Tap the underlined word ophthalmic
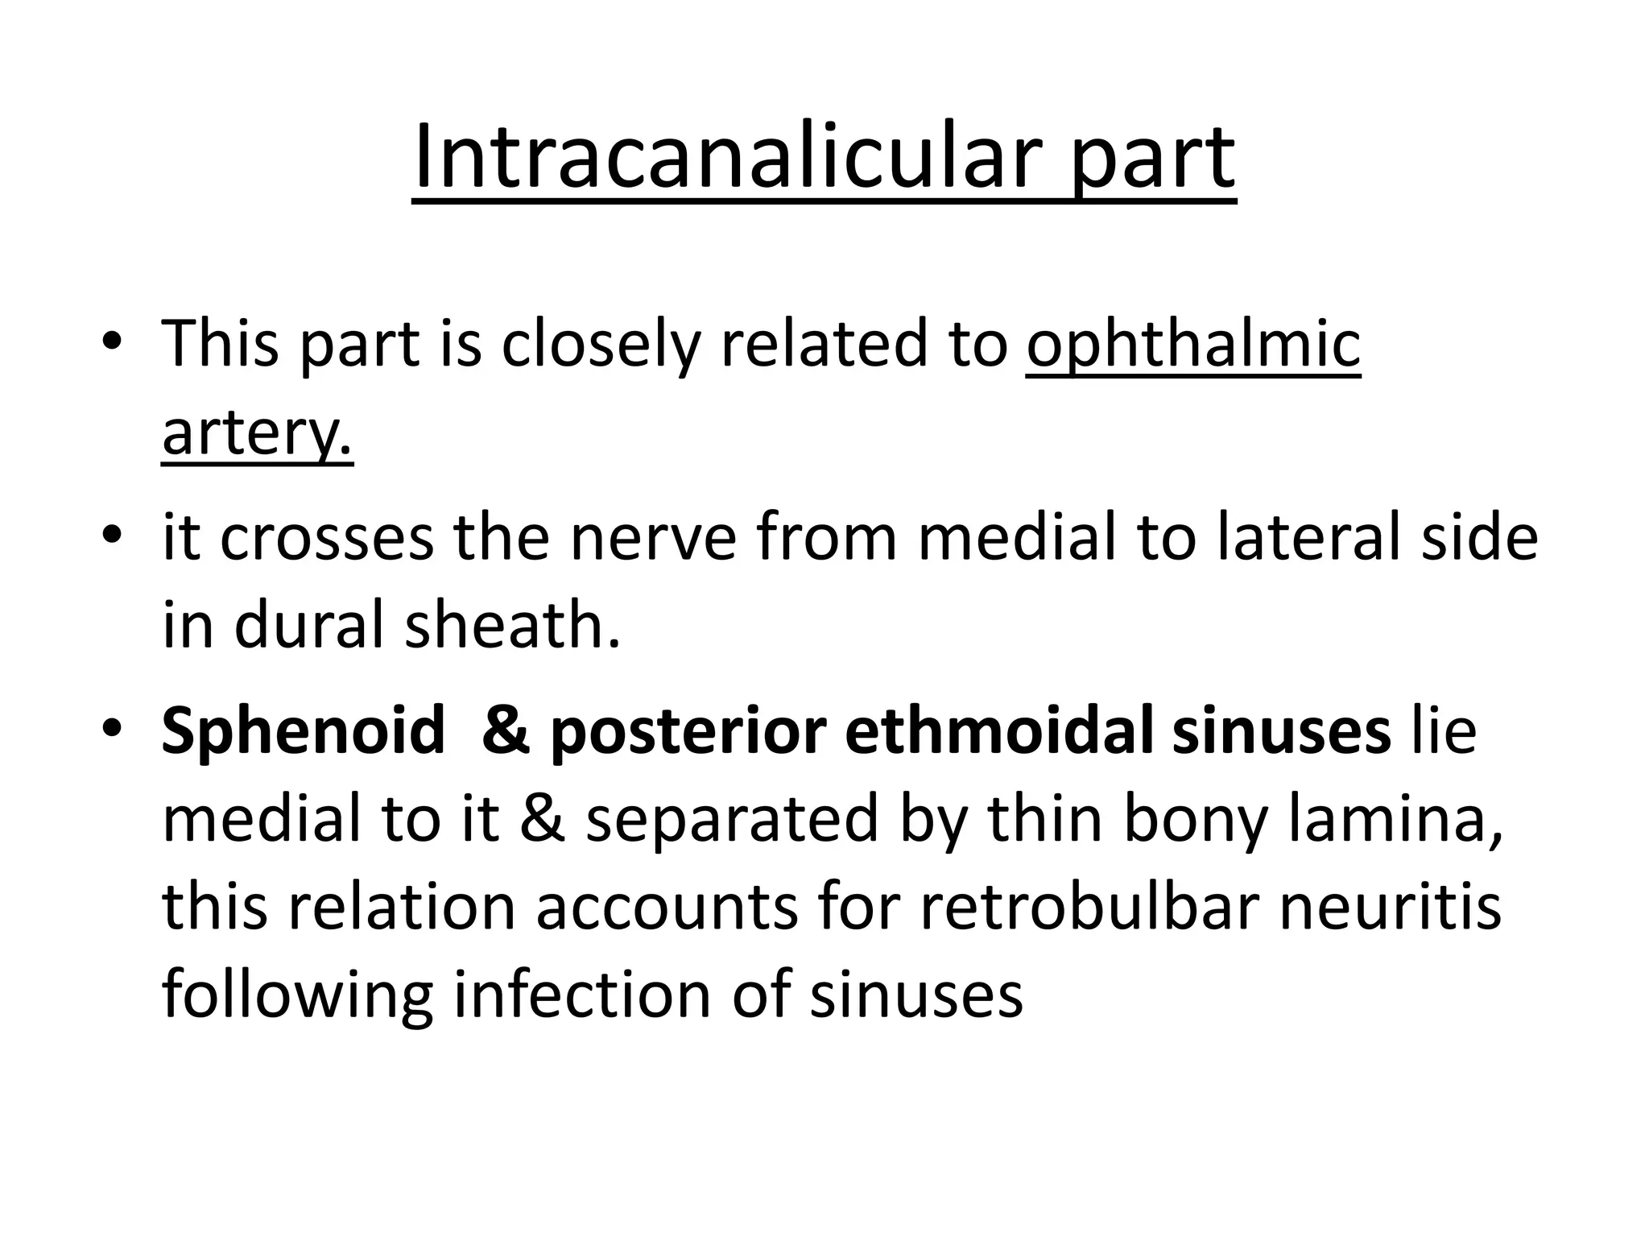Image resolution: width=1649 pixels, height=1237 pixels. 1193,345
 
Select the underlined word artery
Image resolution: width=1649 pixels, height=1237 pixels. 258,432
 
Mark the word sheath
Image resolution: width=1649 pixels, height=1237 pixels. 513,626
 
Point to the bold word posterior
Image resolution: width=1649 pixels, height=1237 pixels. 688,731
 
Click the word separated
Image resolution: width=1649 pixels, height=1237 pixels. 732,819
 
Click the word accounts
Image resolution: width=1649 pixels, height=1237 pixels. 667,907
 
